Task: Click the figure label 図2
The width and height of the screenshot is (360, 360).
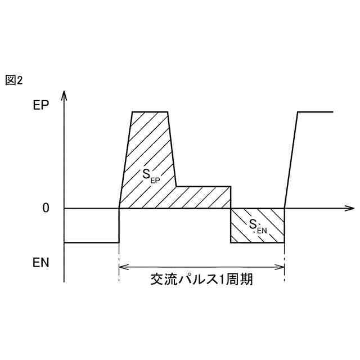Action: tap(13, 80)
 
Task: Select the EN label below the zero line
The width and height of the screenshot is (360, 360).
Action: tap(40, 262)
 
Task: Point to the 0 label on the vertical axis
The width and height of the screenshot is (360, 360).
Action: tap(46, 208)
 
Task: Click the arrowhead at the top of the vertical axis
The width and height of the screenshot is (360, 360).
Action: tap(65, 93)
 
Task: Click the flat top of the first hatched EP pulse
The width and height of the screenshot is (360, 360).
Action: tap(150, 112)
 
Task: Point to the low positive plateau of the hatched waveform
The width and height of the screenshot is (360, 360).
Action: tap(204, 186)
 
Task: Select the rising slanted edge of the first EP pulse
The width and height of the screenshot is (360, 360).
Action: tap(125, 160)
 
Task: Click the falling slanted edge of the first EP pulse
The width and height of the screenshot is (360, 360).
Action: tap(172, 149)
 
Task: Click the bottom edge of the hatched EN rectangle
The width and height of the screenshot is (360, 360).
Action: tap(258, 242)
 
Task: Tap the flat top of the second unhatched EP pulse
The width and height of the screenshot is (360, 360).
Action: tap(315, 112)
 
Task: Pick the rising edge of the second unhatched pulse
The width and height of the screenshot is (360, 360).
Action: tap(291, 160)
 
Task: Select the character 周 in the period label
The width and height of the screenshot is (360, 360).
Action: tap(231, 280)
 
